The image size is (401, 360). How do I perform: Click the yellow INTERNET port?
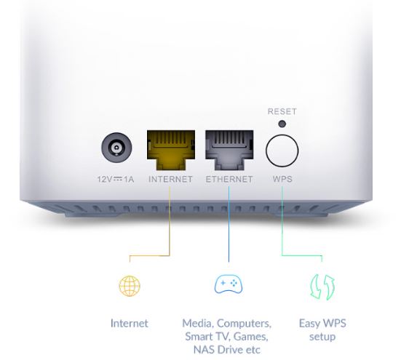[171, 150]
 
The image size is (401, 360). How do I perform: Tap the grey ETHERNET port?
[229, 150]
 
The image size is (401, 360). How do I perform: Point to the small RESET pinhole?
[282, 124]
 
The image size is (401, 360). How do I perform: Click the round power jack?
[116, 148]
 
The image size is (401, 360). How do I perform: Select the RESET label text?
[282, 111]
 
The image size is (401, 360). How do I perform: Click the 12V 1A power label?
[116, 179]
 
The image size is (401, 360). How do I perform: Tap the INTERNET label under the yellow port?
[170, 179]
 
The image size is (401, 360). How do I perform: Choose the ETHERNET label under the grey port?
[229, 179]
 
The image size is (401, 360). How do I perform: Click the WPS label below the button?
[282, 179]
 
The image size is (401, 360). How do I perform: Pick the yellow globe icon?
[130, 286]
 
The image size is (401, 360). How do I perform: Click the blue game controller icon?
[229, 284]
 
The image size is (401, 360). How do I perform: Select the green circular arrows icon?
[322, 287]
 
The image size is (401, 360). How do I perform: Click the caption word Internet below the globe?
[129, 324]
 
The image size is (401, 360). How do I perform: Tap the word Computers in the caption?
[244, 324]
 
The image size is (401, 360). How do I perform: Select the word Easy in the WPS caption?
[309, 324]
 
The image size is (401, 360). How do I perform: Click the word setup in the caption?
[322, 337]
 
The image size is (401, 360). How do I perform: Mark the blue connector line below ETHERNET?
[229, 224]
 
